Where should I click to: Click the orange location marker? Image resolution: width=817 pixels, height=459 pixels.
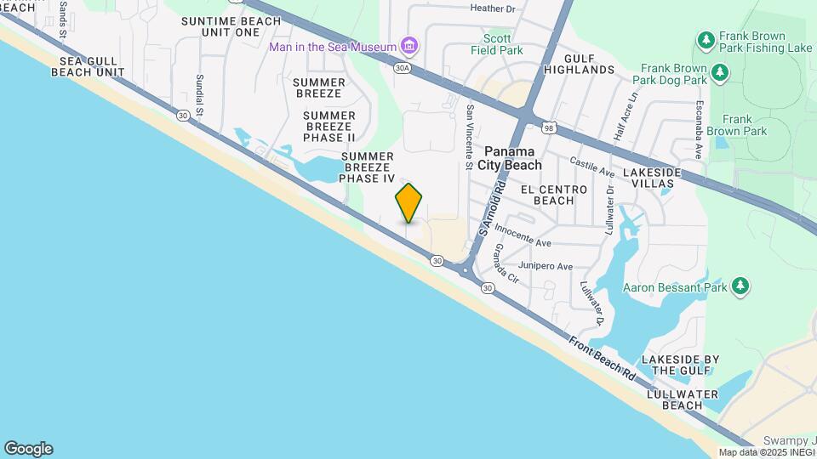click(408, 202)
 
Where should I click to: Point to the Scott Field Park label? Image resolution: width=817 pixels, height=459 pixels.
click(497, 44)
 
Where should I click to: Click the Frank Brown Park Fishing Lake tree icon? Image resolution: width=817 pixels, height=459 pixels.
click(705, 39)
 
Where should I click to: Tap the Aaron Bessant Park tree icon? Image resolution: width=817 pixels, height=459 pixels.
click(740, 286)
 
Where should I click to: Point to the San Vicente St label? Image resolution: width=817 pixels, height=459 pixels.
click(469, 136)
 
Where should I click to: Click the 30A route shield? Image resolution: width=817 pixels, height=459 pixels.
click(402, 67)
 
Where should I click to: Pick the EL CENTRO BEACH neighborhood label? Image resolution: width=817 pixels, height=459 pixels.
click(553, 195)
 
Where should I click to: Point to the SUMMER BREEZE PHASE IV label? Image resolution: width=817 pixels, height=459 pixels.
click(367, 167)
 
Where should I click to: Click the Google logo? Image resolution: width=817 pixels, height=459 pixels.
click(28, 449)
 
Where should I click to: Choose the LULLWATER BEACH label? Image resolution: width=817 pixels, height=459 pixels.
click(675, 399)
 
